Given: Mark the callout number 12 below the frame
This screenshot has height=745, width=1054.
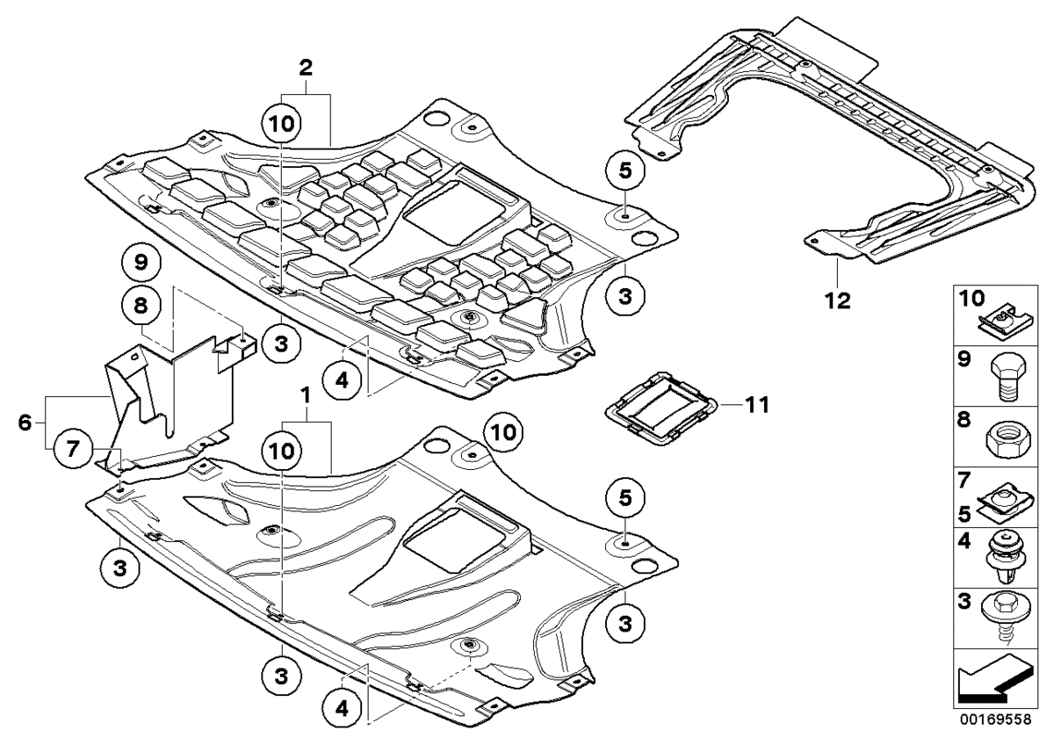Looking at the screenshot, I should click(x=837, y=300).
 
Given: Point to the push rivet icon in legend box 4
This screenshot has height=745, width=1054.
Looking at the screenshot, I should click(x=1003, y=560).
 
